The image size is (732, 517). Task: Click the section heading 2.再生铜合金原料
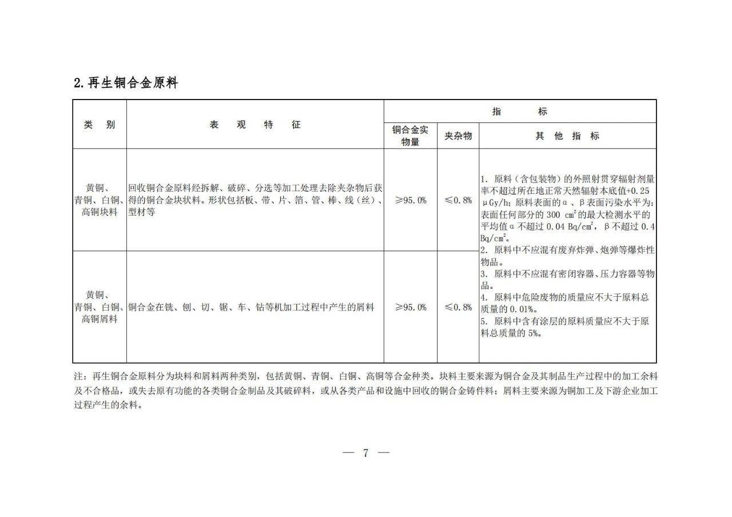pos(126,83)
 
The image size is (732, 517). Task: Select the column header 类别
pos(100,125)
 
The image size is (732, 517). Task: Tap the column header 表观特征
pos(254,125)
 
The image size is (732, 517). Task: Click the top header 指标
pos(519,112)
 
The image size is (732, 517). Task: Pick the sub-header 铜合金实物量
pos(410,136)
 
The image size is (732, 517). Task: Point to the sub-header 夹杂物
pos(458,136)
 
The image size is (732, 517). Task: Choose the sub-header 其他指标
pos(567,136)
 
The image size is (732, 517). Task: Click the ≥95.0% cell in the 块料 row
pos(411,200)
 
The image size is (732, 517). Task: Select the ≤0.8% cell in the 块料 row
pos(458,200)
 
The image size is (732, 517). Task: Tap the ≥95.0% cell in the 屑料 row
pos(411,307)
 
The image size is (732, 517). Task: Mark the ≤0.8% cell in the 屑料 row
pos(458,307)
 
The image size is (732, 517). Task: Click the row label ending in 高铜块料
pos(100,212)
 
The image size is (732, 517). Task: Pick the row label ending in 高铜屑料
pos(100,319)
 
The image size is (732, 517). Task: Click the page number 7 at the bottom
pos(366,453)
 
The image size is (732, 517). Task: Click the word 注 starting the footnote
pos(78,377)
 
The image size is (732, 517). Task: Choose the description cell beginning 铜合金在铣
pos(252,307)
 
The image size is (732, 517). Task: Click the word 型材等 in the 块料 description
pos(141,212)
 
